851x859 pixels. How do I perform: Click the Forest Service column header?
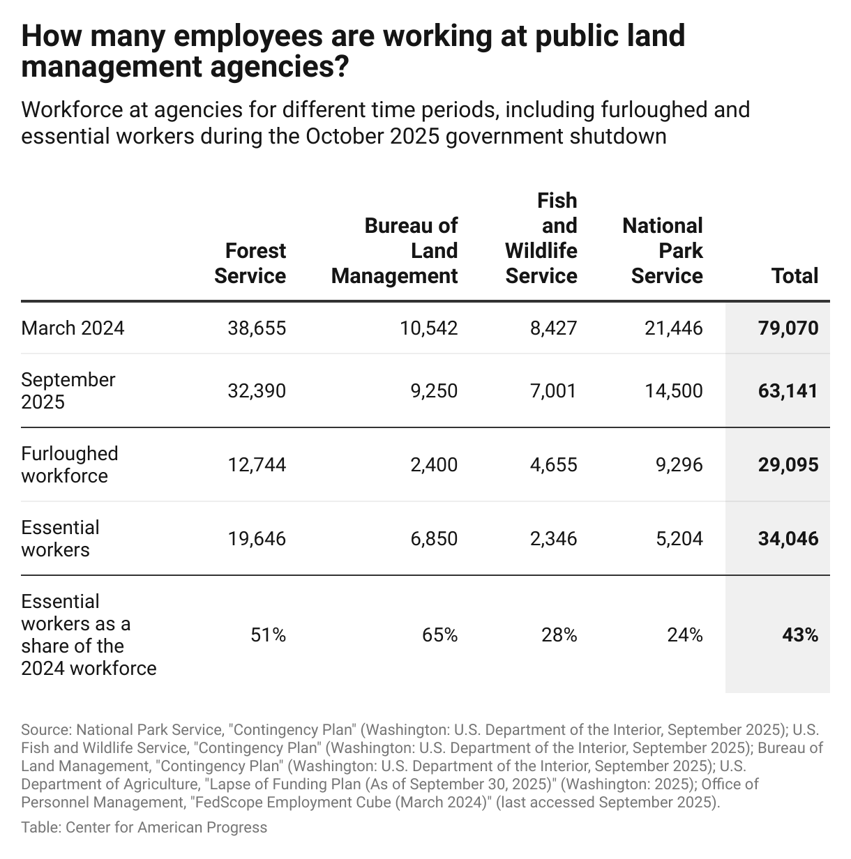coord(250,264)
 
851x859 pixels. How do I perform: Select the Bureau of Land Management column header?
coord(395,251)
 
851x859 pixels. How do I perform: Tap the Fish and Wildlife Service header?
coord(541,238)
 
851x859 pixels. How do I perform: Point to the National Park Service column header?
coord(663,251)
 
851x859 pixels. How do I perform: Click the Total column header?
coord(794,276)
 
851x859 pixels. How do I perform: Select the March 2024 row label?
coord(73,328)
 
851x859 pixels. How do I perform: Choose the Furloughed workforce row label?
coord(70,465)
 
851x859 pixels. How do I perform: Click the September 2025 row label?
coord(68,390)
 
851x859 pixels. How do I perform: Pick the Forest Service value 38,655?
coord(257,328)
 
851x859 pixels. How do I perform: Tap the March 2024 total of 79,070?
coord(788,328)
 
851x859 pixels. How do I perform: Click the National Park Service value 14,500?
coord(674,390)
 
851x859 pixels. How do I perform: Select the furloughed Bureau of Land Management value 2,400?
coord(434,465)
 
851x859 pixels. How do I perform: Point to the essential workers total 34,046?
coord(788,539)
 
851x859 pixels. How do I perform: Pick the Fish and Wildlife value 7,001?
coord(553,390)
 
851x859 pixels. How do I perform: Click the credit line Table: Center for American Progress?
coord(144,828)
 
